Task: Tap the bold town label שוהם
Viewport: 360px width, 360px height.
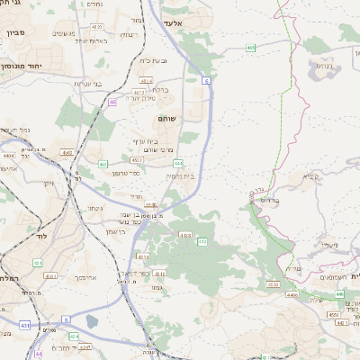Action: pos(166,118)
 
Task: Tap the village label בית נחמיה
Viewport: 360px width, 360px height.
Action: pos(179,176)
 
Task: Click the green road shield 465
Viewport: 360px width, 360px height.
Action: pos(249,46)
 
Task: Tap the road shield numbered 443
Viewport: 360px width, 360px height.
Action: pos(202,241)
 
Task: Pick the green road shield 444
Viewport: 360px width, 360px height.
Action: pos(179,163)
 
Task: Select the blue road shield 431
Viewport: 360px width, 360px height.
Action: pos(26,324)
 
